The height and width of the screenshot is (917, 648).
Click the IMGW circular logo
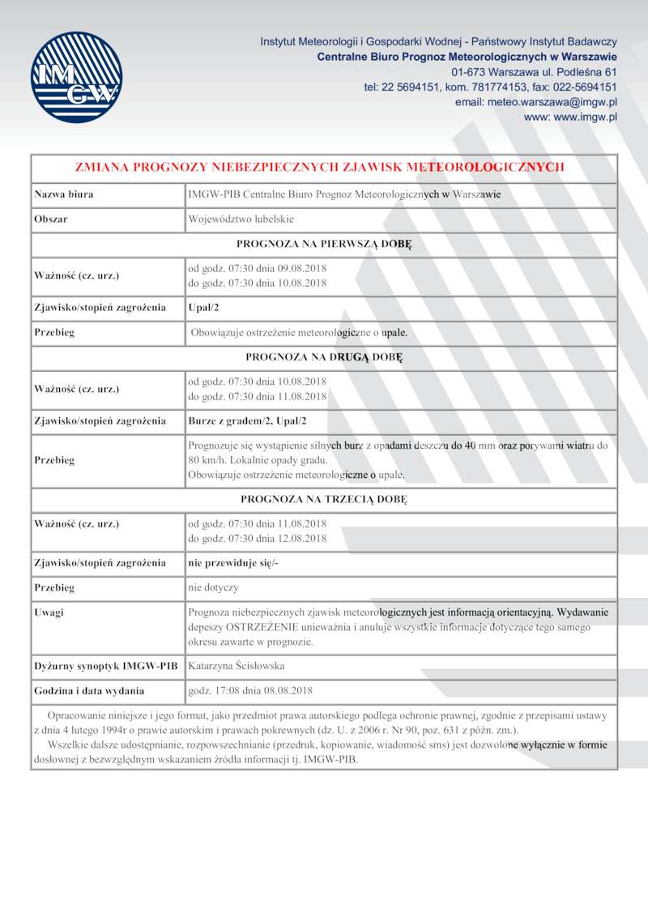click(x=76, y=77)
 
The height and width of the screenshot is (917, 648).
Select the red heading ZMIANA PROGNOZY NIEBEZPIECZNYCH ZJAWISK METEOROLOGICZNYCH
click(x=319, y=167)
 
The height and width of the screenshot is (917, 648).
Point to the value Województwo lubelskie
click(x=241, y=219)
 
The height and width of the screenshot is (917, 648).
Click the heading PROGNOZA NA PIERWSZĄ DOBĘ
click(x=324, y=244)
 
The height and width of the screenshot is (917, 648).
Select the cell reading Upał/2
click(x=204, y=308)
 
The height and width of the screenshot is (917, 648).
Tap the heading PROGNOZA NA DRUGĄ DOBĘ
click(x=324, y=356)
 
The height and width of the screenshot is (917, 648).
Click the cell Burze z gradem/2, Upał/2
click(x=247, y=420)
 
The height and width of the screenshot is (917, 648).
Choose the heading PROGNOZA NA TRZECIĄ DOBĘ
click(x=324, y=498)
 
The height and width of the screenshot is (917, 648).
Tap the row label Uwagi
click(x=49, y=612)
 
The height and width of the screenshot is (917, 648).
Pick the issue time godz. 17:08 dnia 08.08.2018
click(x=249, y=691)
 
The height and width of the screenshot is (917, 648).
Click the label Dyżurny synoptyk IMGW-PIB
click(x=105, y=666)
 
